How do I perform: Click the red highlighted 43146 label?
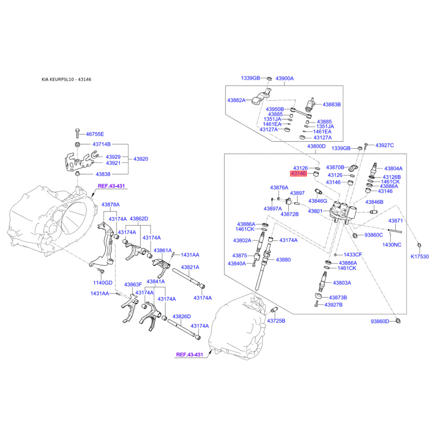298,173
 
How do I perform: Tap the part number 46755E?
95,134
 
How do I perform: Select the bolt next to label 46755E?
77,134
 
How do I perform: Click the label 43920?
141,159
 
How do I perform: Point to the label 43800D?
316,146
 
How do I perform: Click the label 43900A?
284,78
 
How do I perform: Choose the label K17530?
420,256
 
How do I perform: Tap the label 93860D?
380,322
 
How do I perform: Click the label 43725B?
276,320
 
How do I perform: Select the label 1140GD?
102,283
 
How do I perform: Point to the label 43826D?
181,317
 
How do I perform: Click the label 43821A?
190,267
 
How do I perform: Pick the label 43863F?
133,284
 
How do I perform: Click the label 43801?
315,211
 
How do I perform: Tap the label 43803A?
342,283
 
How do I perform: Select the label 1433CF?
353,255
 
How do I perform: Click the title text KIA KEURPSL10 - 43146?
66,80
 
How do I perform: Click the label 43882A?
237,100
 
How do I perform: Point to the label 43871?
396,221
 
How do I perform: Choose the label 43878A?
111,205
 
